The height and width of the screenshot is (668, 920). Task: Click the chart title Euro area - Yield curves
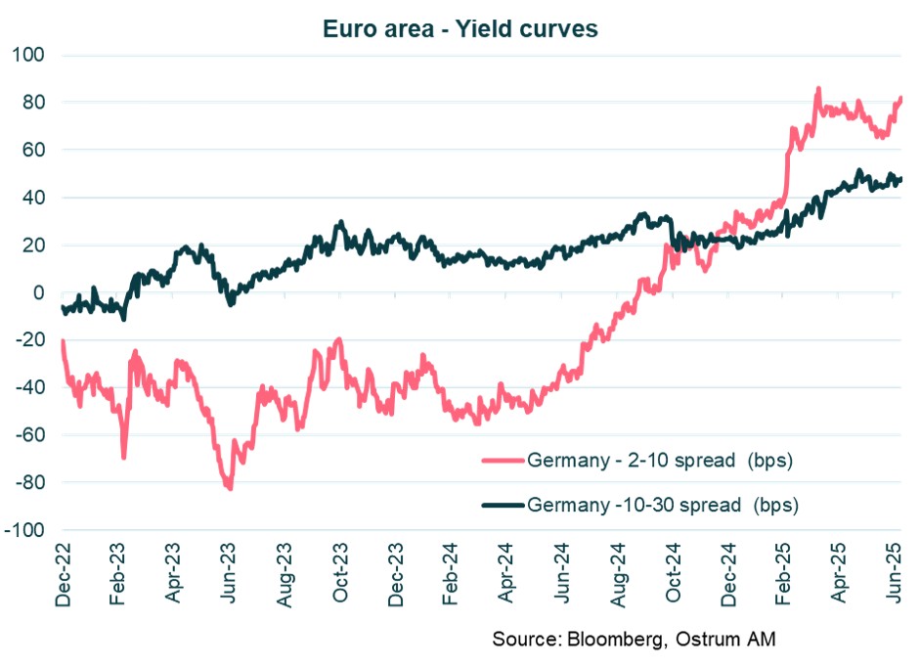(460, 29)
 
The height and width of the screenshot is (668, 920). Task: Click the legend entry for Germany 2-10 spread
(658, 460)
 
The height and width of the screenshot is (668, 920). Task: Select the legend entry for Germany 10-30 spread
(662, 506)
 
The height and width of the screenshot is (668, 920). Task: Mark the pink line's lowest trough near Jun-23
(230, 488)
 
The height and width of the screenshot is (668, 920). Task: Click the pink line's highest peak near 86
(817, 89)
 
